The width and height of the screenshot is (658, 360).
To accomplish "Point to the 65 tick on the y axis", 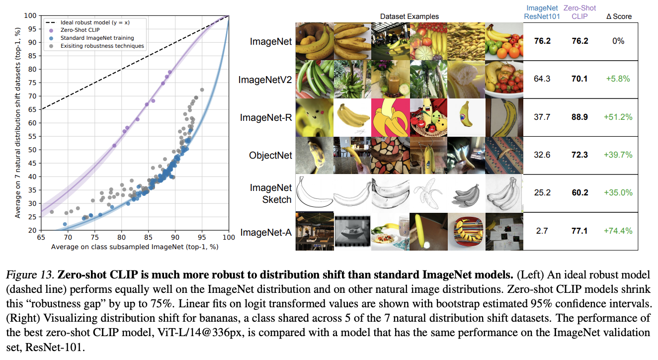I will coord(33,109).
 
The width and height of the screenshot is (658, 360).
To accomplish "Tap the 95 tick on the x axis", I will coord(202,238).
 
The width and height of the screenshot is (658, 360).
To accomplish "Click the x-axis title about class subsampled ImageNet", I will coord(134,247).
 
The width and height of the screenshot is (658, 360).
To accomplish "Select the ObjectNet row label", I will coord(270,155).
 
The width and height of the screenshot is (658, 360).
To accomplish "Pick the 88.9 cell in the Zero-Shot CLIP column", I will coord(579,117).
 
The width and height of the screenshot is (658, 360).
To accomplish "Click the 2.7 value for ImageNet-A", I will coord(542,231).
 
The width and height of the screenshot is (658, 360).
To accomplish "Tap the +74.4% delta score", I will coord(618,231).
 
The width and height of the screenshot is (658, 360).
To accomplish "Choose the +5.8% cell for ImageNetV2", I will coord(618,79).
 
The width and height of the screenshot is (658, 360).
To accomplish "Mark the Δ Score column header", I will coord(619,16).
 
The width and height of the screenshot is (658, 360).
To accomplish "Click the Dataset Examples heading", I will coord(410,16).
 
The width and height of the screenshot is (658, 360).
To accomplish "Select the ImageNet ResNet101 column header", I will coord(542,12).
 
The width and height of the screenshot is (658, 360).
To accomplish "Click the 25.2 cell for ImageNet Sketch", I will coord(542,193).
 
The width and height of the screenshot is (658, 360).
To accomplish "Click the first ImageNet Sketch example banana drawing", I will coord(314,193).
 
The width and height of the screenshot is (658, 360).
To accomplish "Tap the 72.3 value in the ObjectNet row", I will coord(579,155).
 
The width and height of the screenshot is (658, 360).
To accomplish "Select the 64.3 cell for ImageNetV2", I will coord(542,79).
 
